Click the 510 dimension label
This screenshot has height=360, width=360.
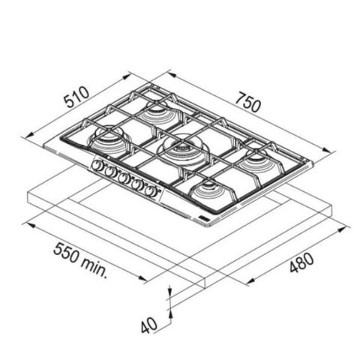click(76, 97)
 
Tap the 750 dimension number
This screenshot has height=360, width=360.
click(248, 103)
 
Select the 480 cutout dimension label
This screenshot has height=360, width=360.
click(301, 262)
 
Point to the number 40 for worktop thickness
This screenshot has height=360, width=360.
click(149, 325)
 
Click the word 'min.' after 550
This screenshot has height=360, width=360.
click(95, 268)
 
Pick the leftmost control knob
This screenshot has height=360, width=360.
click(97, 165)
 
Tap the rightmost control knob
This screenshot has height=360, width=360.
click(151, 191)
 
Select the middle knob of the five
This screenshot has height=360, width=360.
click(123, 178)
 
